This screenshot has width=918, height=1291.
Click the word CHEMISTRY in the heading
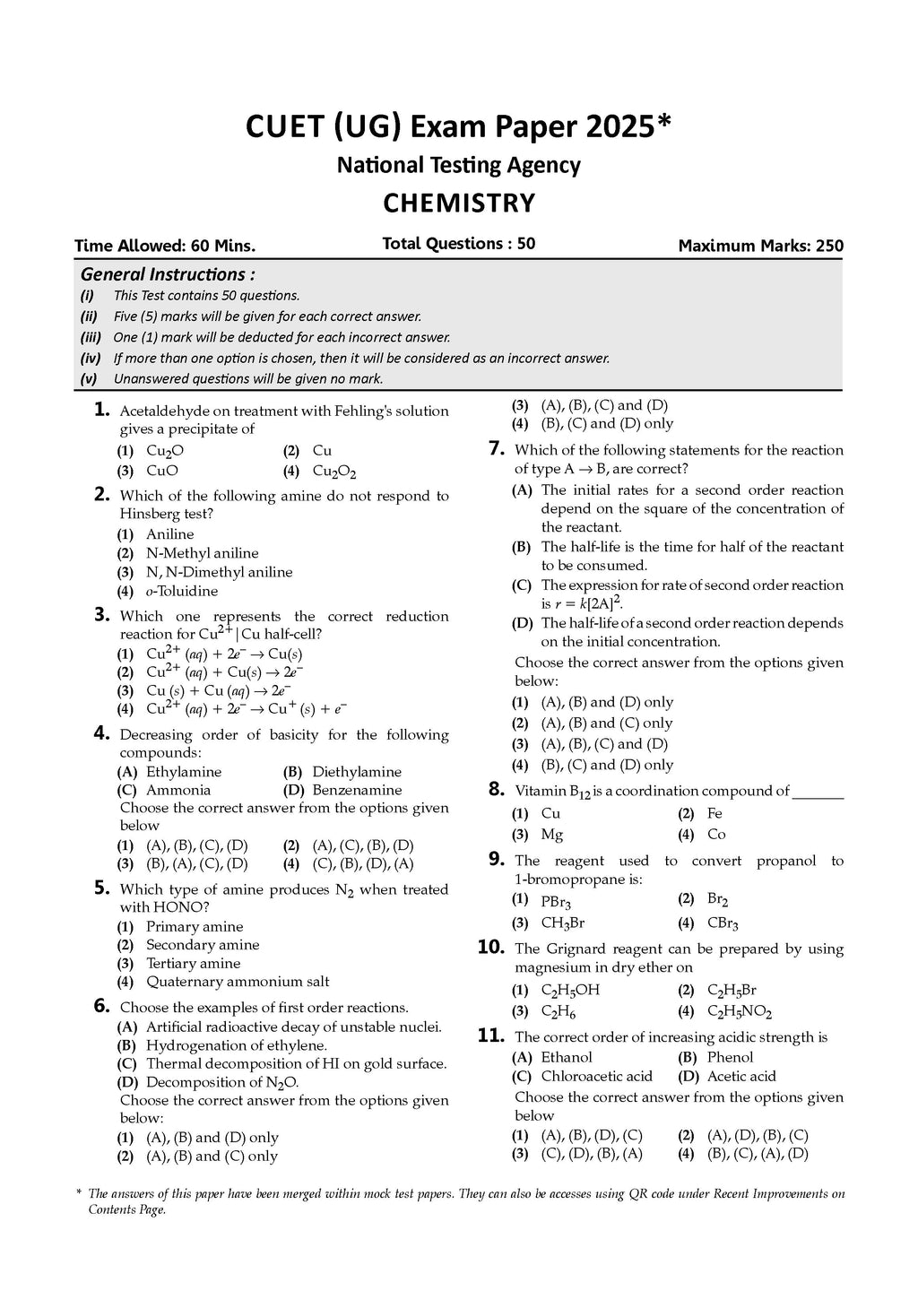pos(458,204)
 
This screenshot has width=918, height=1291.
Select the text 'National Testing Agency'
pos(458,166)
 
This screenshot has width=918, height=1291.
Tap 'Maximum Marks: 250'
pos(760,246)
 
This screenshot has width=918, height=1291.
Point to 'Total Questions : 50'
pos(458,244)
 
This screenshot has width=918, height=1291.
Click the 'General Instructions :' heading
pos(168,274)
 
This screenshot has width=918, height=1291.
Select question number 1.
pos(101,411)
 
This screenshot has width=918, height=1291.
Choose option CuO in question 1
pos(161,471)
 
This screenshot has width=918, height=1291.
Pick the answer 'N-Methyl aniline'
pos(202,553)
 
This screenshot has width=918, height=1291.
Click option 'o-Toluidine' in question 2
pos(182,591)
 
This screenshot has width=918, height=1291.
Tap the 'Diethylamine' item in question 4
pos(357,772)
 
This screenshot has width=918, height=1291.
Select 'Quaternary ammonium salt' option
pos(238,982)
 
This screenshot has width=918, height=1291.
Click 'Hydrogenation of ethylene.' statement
pos(236,1045)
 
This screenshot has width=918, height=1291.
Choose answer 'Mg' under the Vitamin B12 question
pos(552,835)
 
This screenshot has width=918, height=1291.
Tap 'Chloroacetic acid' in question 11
pos(596,1077)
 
